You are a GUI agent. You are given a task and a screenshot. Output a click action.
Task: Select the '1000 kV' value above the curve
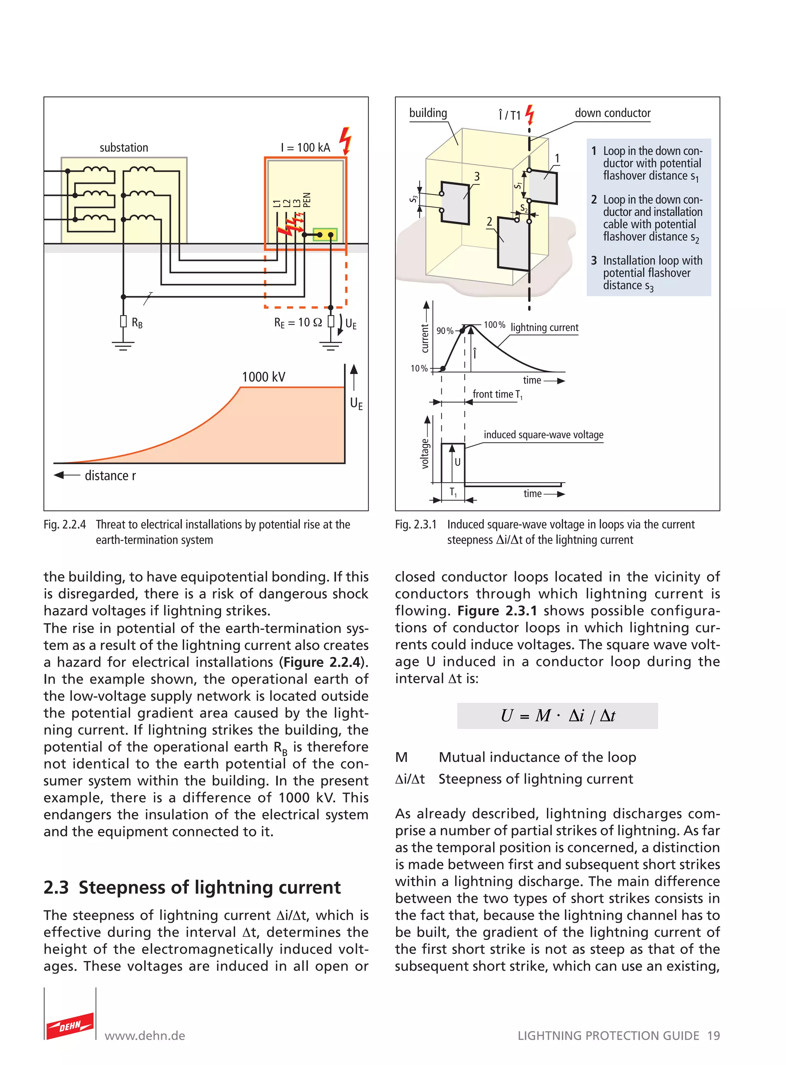pos(264,377)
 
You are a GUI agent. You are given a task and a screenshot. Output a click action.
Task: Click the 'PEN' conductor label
pos(307,200)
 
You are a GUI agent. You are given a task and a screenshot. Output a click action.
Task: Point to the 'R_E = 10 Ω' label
pos(298,323)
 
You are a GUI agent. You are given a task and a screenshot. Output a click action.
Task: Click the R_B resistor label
pos(137,323)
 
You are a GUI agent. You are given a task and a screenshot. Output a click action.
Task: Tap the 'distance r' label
pos(110,476)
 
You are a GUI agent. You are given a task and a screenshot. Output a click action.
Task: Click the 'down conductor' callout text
pos(613,113)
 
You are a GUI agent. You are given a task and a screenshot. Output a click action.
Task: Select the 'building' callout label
pos(428,113)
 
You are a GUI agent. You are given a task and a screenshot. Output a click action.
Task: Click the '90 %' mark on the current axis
pos(445,331)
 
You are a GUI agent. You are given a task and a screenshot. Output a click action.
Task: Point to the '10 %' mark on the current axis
pos(419,368)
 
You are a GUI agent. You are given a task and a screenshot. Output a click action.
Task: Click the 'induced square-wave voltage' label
pos(543,435)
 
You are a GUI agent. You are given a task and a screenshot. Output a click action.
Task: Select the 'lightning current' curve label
pos(544,327)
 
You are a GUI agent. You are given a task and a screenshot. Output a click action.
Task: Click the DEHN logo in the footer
pos(70,1026)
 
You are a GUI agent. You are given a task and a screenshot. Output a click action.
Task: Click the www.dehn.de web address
pos(145,1035)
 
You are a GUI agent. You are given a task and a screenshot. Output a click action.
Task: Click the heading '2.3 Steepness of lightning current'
pos(192,888)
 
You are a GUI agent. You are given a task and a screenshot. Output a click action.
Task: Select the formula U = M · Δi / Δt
pos(557,716)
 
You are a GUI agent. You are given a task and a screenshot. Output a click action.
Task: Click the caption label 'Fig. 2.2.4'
pos(65,525)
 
